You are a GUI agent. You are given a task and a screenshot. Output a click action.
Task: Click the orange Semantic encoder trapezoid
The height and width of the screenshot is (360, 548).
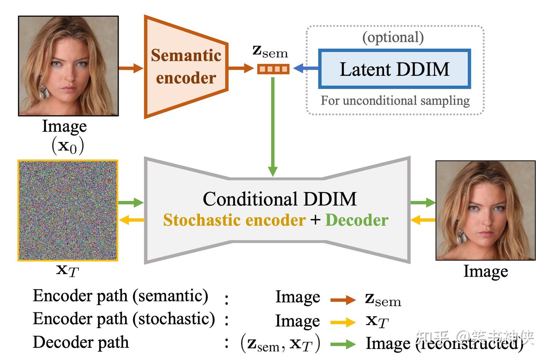(x=186, y=67)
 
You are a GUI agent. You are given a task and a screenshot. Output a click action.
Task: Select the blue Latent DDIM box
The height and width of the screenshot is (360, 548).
(x=395, y=69)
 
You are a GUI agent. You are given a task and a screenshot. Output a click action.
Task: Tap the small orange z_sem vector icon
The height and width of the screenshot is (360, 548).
(x=273, y=69)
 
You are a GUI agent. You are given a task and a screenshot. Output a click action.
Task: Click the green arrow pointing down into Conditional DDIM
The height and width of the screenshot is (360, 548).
(x=273, y=126)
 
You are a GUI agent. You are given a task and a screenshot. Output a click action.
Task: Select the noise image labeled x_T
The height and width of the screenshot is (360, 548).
(x=68, y=210)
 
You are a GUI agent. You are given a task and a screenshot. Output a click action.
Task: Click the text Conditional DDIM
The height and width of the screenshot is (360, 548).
(x=279, y=199)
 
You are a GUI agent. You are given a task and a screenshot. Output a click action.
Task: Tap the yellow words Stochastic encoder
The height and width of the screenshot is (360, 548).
(x=234, y=220)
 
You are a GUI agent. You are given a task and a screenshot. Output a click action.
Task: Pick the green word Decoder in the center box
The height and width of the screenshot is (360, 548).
(x=357, y=220)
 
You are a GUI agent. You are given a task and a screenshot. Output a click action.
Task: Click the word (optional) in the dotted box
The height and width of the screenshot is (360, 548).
(x=393, y=37)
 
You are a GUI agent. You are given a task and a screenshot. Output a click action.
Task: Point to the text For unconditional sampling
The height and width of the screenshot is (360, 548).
(x=395, y=100)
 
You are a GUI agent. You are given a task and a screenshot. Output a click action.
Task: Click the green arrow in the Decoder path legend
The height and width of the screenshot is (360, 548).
(x=342, y=344)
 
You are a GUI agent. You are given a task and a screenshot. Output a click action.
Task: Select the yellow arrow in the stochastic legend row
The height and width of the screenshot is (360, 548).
(x=342, y=322)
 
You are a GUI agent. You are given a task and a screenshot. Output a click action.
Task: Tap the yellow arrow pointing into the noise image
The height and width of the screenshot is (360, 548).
(x=131, y=220)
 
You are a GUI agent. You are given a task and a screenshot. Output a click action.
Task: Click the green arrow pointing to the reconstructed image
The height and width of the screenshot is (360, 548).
(x=422, y=202)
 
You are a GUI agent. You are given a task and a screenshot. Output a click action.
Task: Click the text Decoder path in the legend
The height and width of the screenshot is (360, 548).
(x=81, y=342)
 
